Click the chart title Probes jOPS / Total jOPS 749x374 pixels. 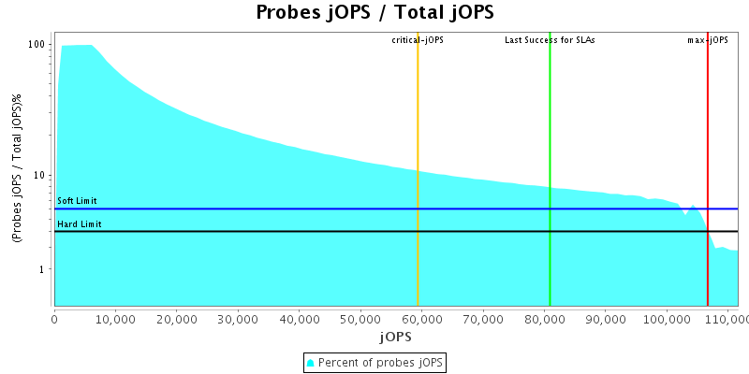point(374,13)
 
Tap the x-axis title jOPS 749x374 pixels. point(395,336)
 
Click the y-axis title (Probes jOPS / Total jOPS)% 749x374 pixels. point(17,169)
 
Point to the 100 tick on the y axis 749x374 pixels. point(37,45)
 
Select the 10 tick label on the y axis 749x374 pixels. point(40,175)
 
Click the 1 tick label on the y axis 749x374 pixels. point(43,269)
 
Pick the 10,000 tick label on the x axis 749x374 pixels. point(115,320)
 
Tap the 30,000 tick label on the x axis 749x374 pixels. point(238,320)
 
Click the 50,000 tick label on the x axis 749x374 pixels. point(360,320)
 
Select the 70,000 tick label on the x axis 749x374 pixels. point(482,320)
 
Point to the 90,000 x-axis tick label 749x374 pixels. point(605,320)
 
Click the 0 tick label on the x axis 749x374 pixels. point(54,320)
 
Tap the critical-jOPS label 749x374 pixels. point(418,40)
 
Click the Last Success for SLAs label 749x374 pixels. point(550,40)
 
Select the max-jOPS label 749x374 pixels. point(708,40)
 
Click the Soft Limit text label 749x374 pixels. point(77,201)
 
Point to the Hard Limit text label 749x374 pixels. point(79,224)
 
